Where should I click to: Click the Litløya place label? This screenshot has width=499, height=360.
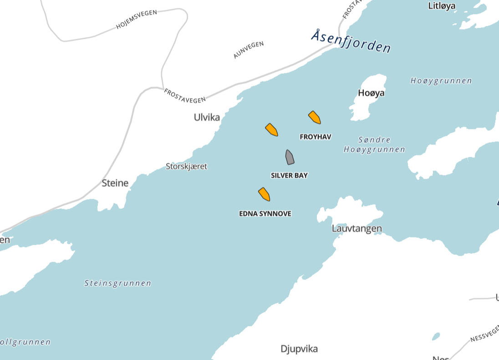coord(442,6)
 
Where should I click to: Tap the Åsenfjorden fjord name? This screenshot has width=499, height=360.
coord(351,41)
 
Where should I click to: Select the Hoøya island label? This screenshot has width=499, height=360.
coord(371,93)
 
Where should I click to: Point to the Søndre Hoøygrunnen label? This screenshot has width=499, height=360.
coord(374,144)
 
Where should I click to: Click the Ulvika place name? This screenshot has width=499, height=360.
coord(207,117)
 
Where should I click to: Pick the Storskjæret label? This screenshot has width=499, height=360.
coord(186,166)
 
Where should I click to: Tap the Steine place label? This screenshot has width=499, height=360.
coord(115,183)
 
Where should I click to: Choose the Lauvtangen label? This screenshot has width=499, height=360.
coord(356,228)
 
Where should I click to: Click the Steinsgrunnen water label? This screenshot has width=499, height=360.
coord(118,283)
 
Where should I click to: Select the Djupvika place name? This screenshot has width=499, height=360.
coord(299,349)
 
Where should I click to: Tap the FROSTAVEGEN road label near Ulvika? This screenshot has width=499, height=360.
coord(185,95)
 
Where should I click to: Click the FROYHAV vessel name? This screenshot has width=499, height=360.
coord(316,137)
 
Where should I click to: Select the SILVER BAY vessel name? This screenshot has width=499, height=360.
coord(289,175)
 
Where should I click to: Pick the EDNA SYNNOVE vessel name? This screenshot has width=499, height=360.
coord(265,214)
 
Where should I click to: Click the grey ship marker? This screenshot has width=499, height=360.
coord(290,157)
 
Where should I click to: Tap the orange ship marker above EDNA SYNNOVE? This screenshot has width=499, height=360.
coord(265,194)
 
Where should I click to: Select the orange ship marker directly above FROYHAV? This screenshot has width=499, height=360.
coord(315,117)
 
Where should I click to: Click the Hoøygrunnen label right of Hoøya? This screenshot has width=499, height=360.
coord(441,81)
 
